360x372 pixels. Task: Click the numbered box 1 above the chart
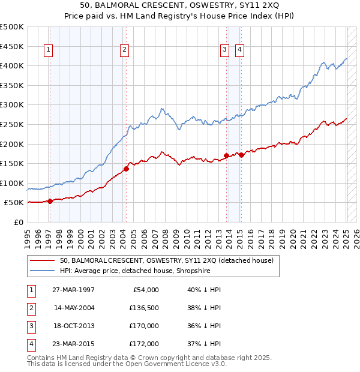[48, 50]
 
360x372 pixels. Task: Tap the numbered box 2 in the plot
[124, 50]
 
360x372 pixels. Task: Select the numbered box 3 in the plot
[224, 50]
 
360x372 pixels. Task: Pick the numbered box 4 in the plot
[239, 50]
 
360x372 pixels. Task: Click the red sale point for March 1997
[50, 201]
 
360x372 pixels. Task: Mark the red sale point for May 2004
[127, 169]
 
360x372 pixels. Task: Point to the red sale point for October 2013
[226, 155]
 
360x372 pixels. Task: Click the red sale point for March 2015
[241, 155]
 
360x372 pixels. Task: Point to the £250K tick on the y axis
[12, 124]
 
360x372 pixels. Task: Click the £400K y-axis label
[12, 65]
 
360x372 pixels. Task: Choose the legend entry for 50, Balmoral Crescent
[166, 260]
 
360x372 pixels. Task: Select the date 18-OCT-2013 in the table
[74, 326]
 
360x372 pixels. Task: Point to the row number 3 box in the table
[29, 326]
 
